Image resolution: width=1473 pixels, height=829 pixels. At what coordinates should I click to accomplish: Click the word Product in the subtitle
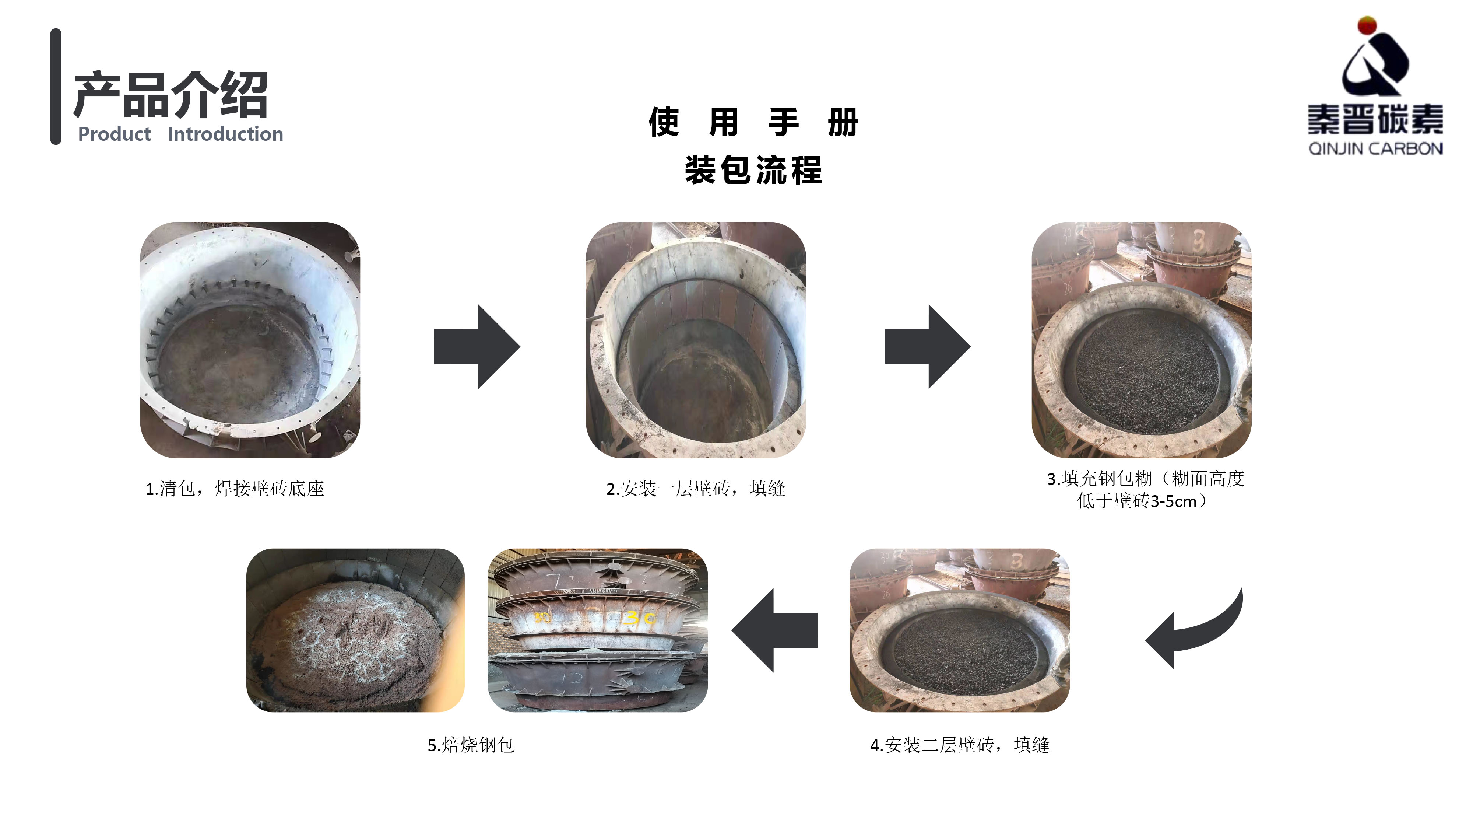(x=115, y=134)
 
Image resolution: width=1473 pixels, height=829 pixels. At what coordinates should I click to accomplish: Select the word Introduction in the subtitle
(x=225, y=134)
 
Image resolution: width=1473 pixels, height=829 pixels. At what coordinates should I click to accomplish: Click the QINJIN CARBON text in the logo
(x=1376, y=149)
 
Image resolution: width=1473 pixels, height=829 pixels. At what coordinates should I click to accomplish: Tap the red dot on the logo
(x=1367, y=25)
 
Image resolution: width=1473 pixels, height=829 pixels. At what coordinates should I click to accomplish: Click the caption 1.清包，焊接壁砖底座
(x=235, y=489)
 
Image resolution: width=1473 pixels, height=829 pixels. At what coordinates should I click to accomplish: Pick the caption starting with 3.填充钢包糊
(x=1145, y=490)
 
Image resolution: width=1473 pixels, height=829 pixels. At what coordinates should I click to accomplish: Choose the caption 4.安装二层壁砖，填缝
(x=960, y=745)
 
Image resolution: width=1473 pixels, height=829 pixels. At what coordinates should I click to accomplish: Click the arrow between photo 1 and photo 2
(x=477, y=347)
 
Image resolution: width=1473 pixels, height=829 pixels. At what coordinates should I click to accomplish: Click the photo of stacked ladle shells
(x=598, y=630)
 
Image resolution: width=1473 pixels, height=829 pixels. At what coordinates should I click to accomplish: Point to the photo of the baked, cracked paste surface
(x=355, y=630)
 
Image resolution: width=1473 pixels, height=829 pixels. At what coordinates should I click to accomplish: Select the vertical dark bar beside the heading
(x=56, y=86)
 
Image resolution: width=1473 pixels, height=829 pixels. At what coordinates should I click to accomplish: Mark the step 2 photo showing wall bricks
(x=696, y=340)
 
